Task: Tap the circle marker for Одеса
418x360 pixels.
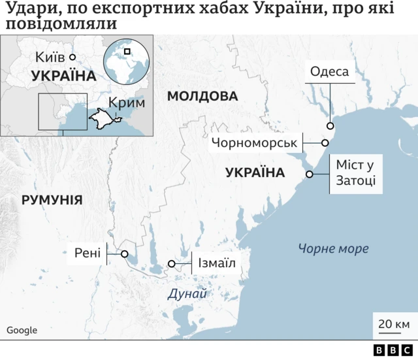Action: [x=330, y=126]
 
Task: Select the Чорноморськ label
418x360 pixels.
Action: [x=254, y=142]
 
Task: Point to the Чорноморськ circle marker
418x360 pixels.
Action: [x=325, y=142]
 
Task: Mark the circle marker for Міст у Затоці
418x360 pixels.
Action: [x=310, y=174]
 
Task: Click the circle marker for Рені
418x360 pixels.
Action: [x=124, y=254]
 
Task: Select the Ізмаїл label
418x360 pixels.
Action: [x=214, y=264]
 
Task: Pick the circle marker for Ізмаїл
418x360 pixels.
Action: [x=172, y=264]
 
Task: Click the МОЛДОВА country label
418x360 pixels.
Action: [x=202, y=97]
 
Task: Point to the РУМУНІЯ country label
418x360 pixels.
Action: [x=52, y=200]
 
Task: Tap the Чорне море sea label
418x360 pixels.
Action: [x=333, y=249]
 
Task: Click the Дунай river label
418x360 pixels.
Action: [x=187, y=294]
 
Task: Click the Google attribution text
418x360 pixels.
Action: [x=22, y=331]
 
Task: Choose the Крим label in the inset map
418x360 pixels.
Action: [x=127, y=103]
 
